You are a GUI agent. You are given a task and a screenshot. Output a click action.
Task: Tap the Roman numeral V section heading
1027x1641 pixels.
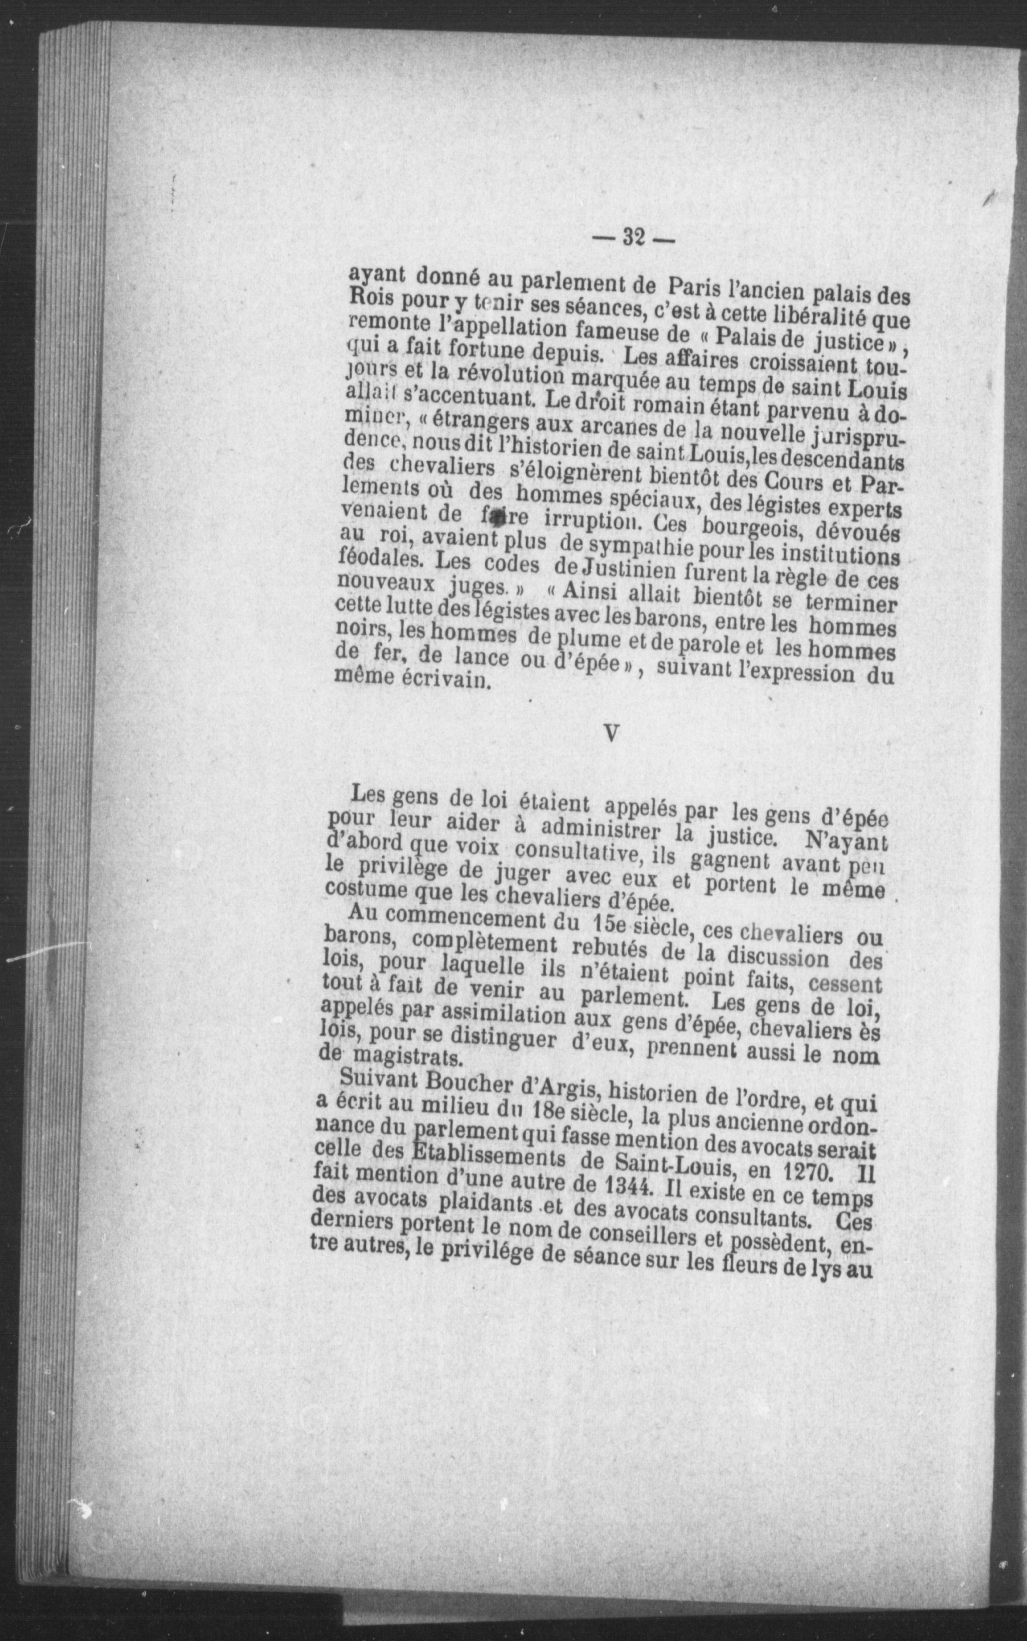(612, 733)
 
